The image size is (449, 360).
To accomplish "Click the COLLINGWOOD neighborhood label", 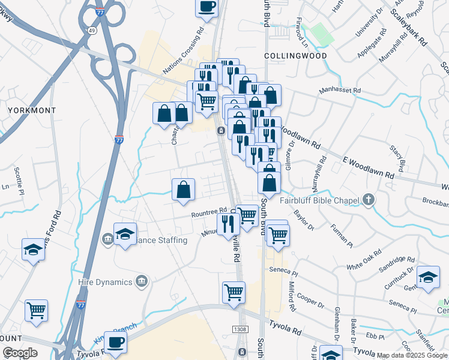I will coord(296,56).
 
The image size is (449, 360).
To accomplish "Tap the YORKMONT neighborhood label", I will coord(32,110).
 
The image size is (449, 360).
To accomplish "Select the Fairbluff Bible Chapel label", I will coord(318,200).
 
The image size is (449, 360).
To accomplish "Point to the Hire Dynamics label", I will coord(106,281).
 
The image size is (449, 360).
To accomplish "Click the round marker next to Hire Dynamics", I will coord(142,281).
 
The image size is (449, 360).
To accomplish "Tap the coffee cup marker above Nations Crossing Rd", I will coord(207,7).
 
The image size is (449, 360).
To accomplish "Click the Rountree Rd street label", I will coord(208,213).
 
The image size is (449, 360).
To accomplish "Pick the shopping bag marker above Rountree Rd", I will coord(184,190).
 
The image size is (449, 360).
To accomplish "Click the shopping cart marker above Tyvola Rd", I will coord(234,293).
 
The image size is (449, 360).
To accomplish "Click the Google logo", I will coord(20,353).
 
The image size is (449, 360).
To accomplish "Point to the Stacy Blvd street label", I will coord(399,156).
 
